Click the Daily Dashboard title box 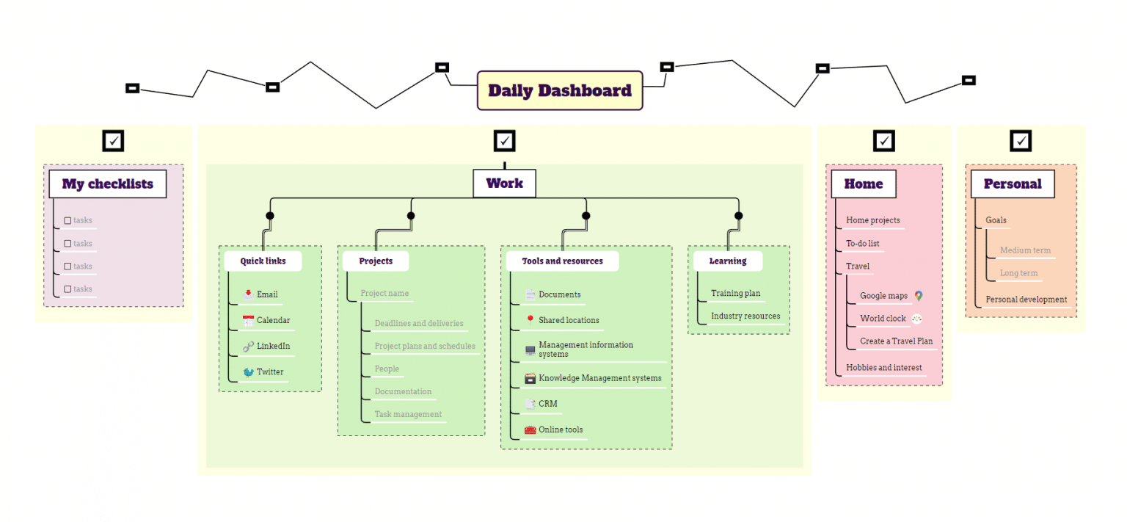click(x=560, y=90)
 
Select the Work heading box click(x=504, y=184)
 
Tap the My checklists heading click(x=108, y=184)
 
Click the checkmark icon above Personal click(x=1020, y=140)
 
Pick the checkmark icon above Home click(x=884, y=140)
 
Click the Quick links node click(x=263, y=261)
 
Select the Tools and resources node click(x=562, y=261)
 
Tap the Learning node click(x=727, y=261)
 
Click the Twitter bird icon click(x=248, y=372)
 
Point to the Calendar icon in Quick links click(x=248, y=320)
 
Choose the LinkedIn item click(x=273, y=346)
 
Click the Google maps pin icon click(x=919, y=296)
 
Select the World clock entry click(x=883, y=319)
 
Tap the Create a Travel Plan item click(x=896, y=341)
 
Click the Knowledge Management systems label click(x=599, y=378)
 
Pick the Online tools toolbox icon click(x=530, y=430)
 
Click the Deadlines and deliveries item click(x=418, y=323)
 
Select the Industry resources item click(x=745, y=316)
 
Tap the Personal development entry click(x=1026, y=300)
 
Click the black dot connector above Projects click(x=411, y=216)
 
